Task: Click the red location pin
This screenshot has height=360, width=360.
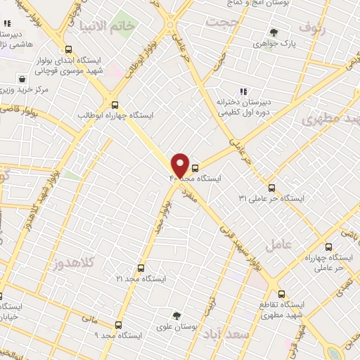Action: (x=180, y=165)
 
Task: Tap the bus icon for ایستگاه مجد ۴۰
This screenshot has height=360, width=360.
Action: (x=195, y=167)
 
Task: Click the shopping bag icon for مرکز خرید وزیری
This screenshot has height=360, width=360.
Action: (x=23, y=79)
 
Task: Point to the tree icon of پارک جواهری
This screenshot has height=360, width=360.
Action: (x=273, y=32)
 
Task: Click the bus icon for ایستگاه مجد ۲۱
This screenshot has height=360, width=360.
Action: (x=141, y=268)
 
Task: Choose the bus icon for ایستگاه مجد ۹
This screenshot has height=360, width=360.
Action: (x=117, y=325)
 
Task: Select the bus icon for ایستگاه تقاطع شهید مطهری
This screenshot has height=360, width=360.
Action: (x=281, y=294)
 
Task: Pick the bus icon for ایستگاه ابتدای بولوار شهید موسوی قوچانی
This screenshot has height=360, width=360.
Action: (x=68, y=50)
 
